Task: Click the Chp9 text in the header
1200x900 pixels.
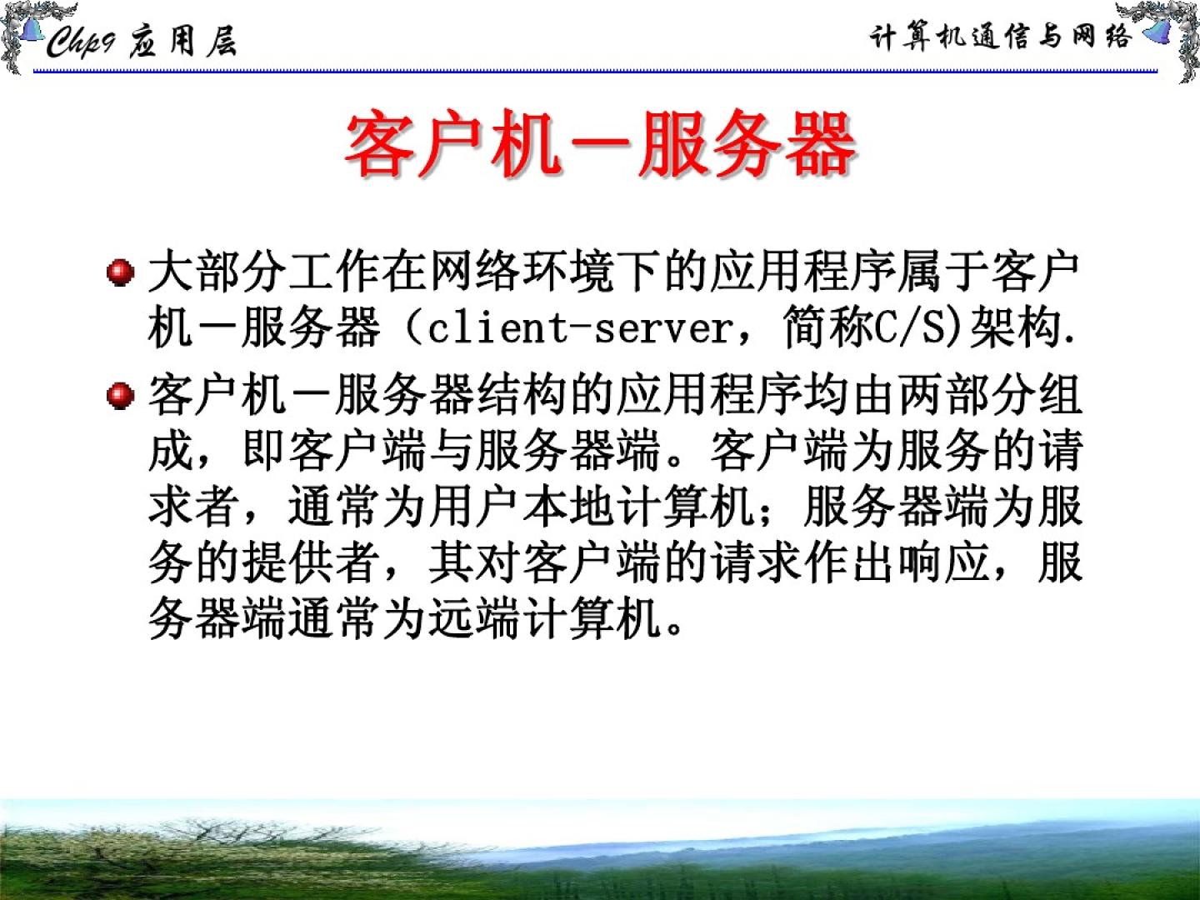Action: tap(80, 42)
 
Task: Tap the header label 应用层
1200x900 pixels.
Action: tap(183, 42)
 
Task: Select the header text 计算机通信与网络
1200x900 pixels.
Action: tap(1000, 37)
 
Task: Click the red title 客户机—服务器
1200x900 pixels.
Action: tap(600, 143)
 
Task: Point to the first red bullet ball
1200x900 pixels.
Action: tap(121, 272)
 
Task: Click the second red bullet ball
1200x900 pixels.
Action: tap(121, 395)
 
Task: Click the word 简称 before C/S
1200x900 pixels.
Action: tap(827, 327)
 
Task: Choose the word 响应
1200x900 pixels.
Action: tap(944, 562)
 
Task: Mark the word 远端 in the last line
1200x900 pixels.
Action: tap(475, 619)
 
